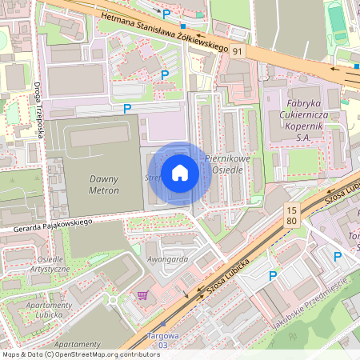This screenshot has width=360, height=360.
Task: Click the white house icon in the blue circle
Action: tap(180, 172)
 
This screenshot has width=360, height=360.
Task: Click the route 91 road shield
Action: tap(238, 50)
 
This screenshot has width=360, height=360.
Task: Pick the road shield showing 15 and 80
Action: tap(291, 214)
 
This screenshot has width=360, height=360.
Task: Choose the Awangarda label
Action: tap(166, 258)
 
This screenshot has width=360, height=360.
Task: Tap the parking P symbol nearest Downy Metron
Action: tap(126, 108)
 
